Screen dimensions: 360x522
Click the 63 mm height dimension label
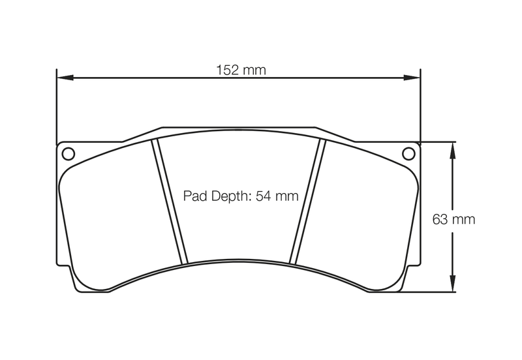point(453,219)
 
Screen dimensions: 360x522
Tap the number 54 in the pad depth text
point(264,196)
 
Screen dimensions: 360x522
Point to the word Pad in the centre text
point(194,196)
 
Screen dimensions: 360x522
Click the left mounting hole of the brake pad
point(68,154)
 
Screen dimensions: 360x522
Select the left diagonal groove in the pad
point(170,202)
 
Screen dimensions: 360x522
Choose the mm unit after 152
point(254,70)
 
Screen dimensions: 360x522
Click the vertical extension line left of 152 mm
point(57,104)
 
